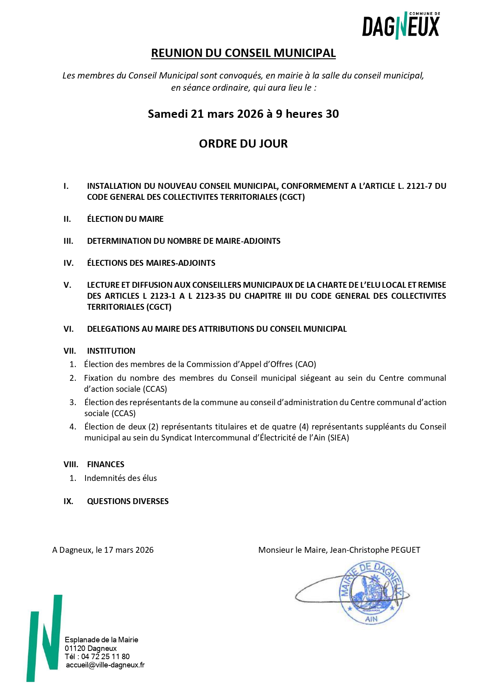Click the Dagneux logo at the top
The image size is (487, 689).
coord(400,26)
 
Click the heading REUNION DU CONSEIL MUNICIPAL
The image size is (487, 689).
coord(243,53)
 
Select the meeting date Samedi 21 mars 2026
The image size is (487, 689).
coord(206,114)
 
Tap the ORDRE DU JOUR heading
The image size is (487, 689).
coord(243,144)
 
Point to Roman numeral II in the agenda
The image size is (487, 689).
coord(67,219)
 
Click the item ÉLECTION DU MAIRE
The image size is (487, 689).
coord(125,219)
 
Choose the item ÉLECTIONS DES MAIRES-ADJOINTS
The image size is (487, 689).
coord(151,263)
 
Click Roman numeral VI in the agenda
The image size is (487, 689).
coord(69,329)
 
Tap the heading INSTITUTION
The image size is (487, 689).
coord(111,351)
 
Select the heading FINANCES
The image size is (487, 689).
coord(106,464)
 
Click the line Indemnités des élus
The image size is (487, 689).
coord(120,478)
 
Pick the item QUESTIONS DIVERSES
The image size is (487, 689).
coord(128,501)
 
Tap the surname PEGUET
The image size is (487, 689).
coord(403,550)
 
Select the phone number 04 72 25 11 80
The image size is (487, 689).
coord(105,656)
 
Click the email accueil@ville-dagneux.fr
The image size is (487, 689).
coord(105,665)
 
